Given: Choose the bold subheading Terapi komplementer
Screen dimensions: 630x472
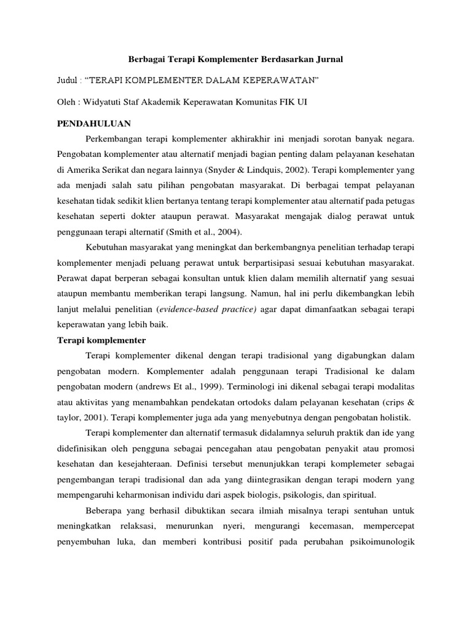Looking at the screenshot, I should tap(101, 340).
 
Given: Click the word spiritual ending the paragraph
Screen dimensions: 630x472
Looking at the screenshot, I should tap(358, 495).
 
